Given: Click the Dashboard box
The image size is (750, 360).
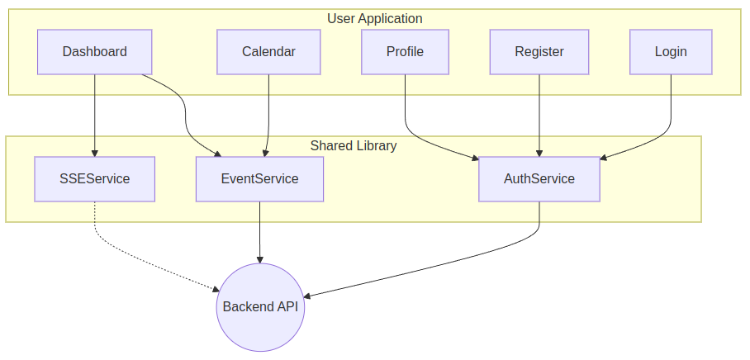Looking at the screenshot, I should [x=95, y=52].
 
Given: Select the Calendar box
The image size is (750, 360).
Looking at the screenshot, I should [x=268, y=52].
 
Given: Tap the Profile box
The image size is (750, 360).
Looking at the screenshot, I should [x=405, y=52].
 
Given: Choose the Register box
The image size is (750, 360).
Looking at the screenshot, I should [x=539, y=52].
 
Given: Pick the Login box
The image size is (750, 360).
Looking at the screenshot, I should [x=671, y=52].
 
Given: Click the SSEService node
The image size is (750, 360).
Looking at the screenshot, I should [x=94, y=178].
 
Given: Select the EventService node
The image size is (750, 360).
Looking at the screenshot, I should [x=259, y=178].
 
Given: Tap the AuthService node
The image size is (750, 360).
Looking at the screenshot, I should [x=539, y=178].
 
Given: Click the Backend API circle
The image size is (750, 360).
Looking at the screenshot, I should [x=260, y=307].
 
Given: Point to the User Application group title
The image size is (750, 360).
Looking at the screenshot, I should [x=374, y=18].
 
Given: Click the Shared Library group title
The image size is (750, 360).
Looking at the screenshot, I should [x=354, y=145].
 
